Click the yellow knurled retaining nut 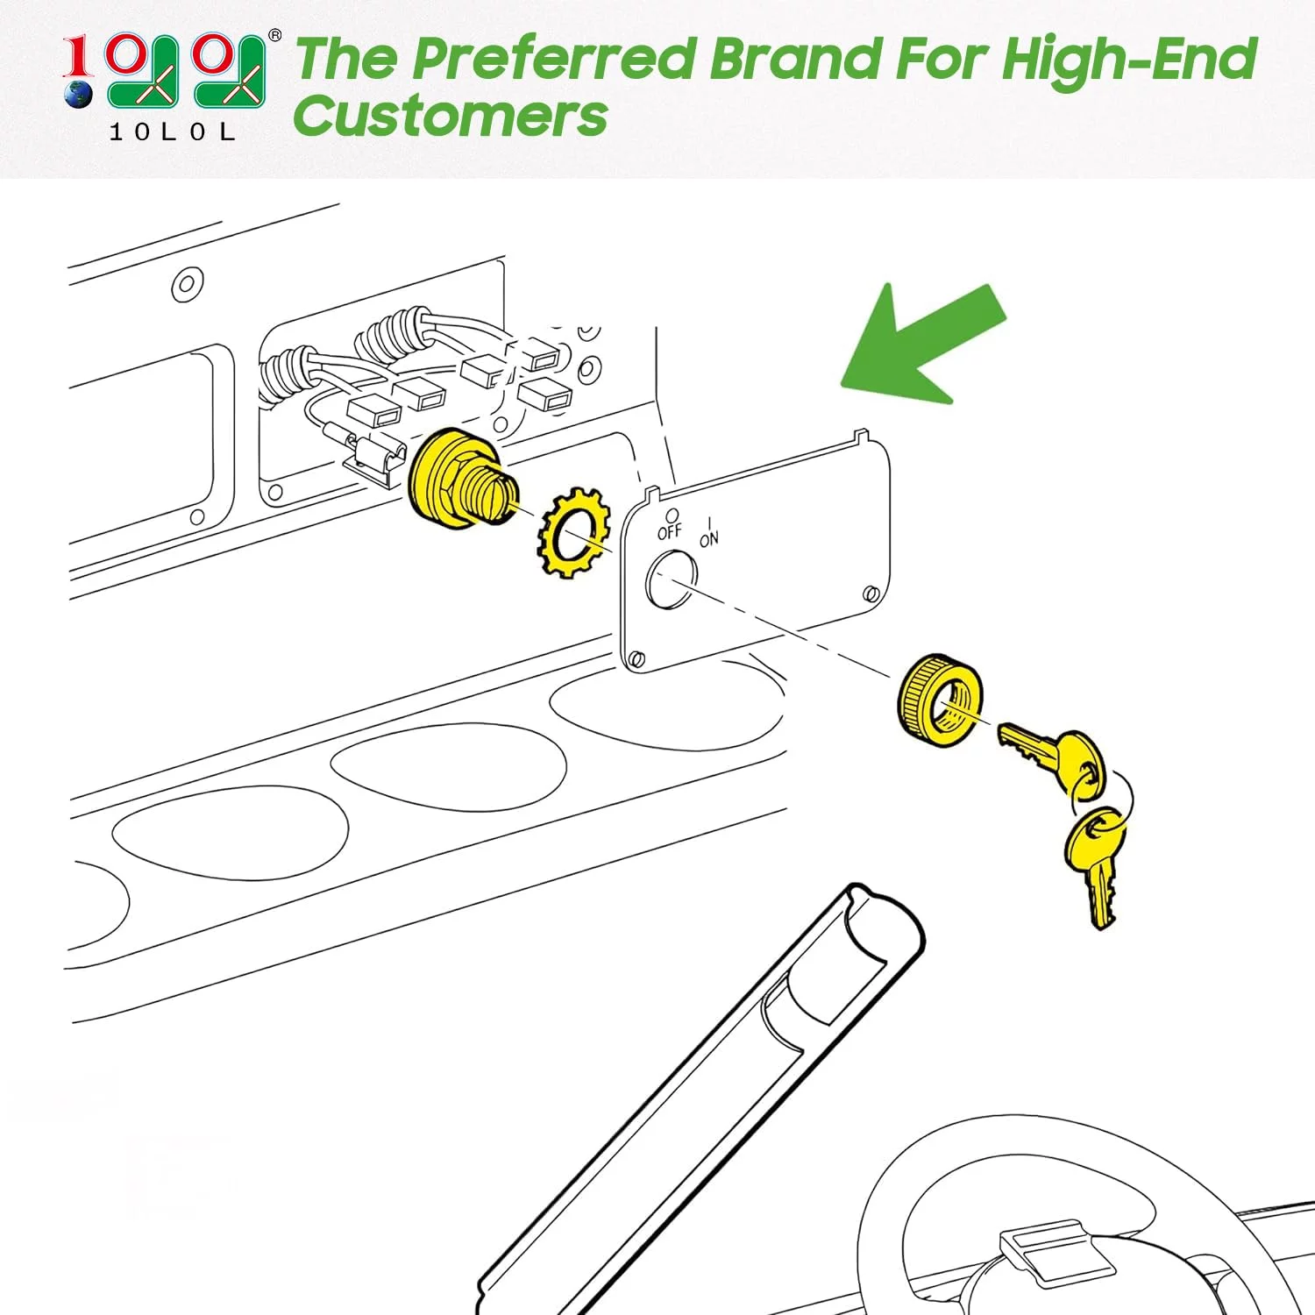pos(940,700)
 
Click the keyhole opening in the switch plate pos(672,579)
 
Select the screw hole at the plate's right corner pos(871,594)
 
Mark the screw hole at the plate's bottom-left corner pos(636,658)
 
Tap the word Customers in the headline pos(450,117)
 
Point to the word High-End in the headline pos(1128,60)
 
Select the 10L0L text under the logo pos(173,132)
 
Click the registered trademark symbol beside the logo pos(274,36)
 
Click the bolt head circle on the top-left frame pos(188,284)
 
